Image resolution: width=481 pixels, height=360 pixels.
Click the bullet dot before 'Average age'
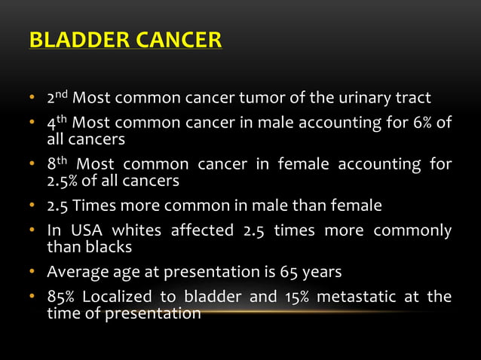click(x=33, y=272)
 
